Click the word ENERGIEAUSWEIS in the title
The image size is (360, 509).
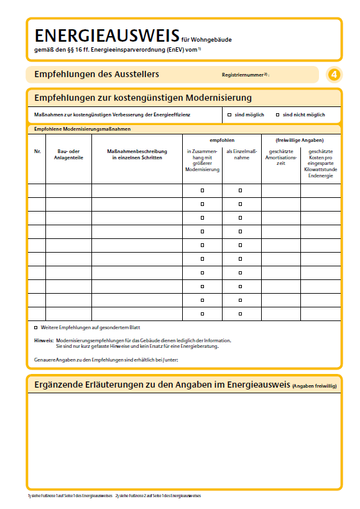tap(106, 35)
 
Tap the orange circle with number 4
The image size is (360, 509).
tap(334, 75)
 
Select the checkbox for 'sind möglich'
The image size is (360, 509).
tap(229, 115)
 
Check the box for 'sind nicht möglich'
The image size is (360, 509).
tap(277, 115)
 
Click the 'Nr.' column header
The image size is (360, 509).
tap(37, 152)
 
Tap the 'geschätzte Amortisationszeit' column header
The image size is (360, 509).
tap(281, 157)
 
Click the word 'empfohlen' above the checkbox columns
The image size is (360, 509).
tap(221, 141)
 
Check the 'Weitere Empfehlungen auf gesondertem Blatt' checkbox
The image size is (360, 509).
tap(35, 327)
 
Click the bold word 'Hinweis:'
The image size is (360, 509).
tap(44, 340)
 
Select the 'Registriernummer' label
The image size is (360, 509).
tap(243, 75)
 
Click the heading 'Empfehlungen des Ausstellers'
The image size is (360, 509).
tap(96, 74)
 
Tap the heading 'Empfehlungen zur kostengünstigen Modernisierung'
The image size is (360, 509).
tap(143, 98)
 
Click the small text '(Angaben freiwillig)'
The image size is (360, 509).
tap(314, 386)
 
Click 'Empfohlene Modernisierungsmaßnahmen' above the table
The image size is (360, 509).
tap(82, 129)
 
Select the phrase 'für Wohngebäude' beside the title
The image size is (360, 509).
tap(206, 39)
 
